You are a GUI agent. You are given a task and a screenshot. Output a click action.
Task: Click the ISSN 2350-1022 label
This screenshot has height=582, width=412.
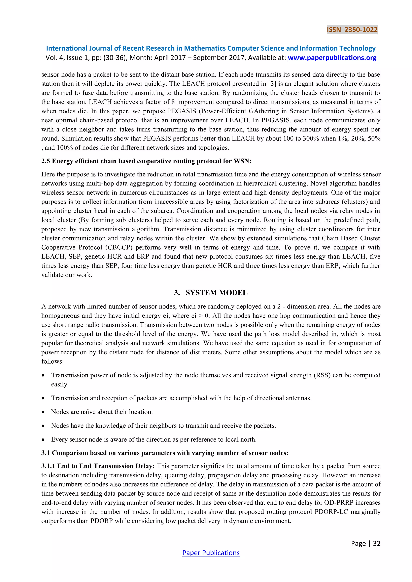pyautogui.click(x=352, y=30)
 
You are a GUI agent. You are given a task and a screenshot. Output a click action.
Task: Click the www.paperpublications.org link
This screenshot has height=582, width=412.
pyautogui.click(x=332, y=58)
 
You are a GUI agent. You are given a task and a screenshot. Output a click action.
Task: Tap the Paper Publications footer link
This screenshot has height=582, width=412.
pyautogui.click(x=211, y=553)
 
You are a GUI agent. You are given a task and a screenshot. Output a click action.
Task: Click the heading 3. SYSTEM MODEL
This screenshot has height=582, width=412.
pyautogui.click(x=211, y=293)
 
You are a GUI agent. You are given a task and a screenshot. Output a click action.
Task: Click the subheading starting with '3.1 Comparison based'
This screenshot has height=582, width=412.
pyautogui.click(x=165, y=453)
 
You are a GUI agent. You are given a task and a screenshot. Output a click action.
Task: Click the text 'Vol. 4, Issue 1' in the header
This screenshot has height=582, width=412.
pyautogui.click(x=66, y=58)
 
